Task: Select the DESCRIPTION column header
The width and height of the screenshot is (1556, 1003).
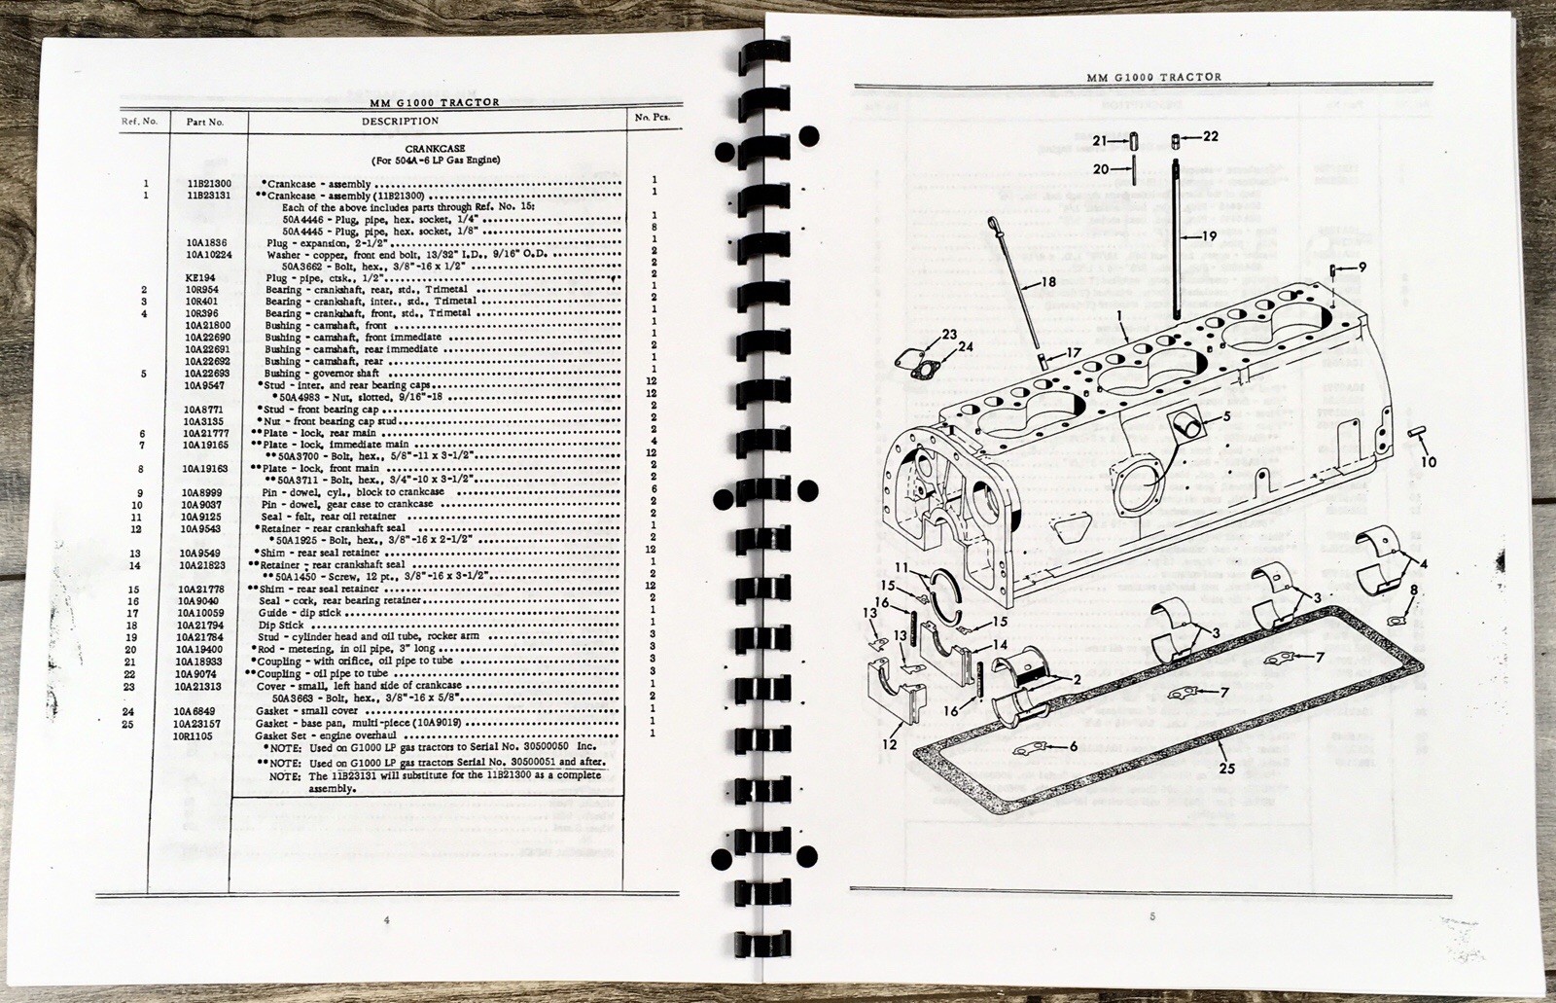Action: [400, 122]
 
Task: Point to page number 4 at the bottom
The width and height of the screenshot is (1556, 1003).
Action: [386, 919]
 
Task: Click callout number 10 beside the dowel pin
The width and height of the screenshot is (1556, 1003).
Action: [1429, 462]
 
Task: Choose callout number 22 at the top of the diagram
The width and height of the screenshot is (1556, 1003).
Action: [1210, 135]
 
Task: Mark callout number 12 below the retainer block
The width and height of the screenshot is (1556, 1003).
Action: [887, 744]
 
